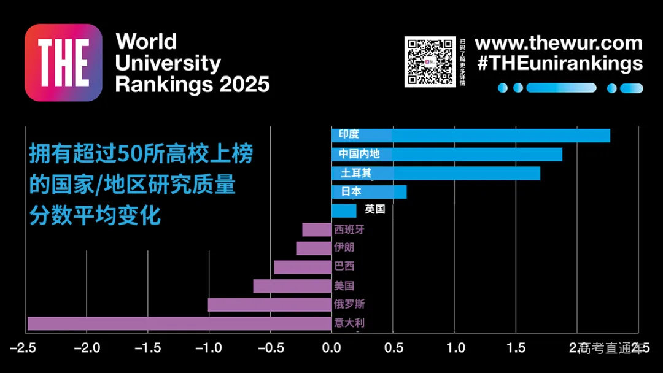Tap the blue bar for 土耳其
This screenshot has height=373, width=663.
[x=454, y=173]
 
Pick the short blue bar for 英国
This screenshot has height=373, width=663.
[x=344, y=210]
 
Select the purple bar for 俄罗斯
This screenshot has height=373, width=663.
[x=269, y=304]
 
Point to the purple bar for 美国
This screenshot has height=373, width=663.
[x=292, y=286]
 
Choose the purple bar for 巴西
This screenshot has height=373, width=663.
[x=303, y=267]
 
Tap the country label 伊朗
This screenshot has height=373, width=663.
[x=344, y=248]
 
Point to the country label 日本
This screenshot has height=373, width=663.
[x=351, y=191]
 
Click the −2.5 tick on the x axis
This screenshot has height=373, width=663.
[x=25, y=348]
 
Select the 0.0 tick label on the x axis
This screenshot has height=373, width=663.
[x=331, y=348]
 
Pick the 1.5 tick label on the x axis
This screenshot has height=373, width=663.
[x=516, y=348]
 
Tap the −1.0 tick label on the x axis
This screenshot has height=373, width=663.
[x=209, y=348]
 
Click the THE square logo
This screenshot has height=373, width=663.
[x=63, y=63]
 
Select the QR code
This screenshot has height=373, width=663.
[x=430, y=62]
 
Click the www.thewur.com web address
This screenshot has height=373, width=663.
[x=559, y=44]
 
